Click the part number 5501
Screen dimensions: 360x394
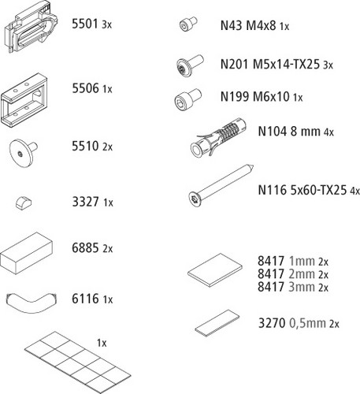point(85,24)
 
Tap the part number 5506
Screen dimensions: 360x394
point(85,88)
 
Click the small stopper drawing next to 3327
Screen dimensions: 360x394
point(23,203)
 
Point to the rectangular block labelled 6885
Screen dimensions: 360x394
point(26,253)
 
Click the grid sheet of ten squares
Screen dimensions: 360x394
point(77,362)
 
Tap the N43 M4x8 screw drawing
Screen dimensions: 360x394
point(188,24)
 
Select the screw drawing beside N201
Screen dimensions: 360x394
point(190,65)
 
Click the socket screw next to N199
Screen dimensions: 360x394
point(188,99)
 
